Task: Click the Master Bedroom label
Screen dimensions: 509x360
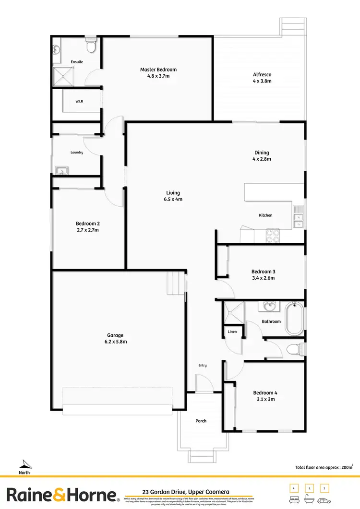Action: (x=158, y=70)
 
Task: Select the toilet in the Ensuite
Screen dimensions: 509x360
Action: (x=90, y=46)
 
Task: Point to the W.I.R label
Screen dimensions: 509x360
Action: (x=79, y=102)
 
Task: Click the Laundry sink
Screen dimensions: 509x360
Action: (x=61, y=170)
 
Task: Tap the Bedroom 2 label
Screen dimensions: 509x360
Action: (x=87, y=224)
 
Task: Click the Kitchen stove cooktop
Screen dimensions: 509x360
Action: (x=273, y=236)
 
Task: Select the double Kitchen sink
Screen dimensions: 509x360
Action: (x=298, y=216)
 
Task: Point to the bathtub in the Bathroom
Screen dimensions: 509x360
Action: (x=294, y=319)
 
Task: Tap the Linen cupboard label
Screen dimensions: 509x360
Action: (x=232, y=332)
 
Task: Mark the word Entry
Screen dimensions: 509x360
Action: (x=203, y=366)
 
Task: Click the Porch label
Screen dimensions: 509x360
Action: (x=201, y=421)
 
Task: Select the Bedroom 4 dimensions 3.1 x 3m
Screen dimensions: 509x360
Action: (x=265, y=399)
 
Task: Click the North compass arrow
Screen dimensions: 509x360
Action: (x=24, y=463)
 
